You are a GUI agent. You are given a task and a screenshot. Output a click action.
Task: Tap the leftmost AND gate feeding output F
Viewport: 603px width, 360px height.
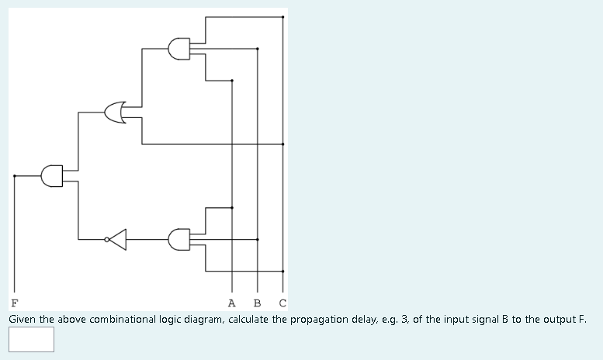pos(52,176)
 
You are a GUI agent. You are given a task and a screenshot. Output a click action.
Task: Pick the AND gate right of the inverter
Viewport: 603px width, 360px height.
pos(179,240)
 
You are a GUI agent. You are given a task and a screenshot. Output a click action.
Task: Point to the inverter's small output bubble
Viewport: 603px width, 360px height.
pos(107,240)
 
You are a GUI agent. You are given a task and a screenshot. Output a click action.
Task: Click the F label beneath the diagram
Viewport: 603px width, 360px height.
pos(14,302)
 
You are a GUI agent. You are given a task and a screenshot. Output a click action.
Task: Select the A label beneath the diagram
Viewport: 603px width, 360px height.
pos(232,302)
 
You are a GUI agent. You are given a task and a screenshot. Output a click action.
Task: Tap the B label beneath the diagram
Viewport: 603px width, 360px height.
pos(258,302)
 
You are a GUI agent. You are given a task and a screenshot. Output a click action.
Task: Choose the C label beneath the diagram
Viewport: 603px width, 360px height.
pos(282,302)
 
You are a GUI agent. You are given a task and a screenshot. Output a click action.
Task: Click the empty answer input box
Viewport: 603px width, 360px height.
pos(32,339)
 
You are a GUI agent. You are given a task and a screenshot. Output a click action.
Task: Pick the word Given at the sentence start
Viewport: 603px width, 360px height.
pos(23,319)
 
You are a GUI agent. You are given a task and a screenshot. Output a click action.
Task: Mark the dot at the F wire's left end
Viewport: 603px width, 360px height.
pos(14,176)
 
